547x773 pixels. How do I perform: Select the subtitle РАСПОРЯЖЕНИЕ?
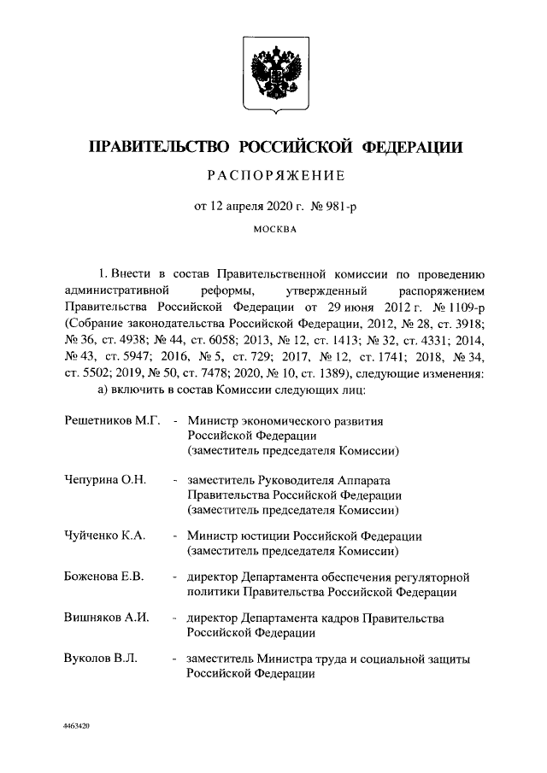tap(273, 177)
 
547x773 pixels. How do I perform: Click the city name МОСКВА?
tap(273, 230)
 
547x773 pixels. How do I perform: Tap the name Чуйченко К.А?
tap(104, 536)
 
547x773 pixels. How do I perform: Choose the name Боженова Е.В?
tap(103, 577)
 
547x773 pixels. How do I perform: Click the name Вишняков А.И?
tap(107, 618)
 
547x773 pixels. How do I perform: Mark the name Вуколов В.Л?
tap(101, 659)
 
